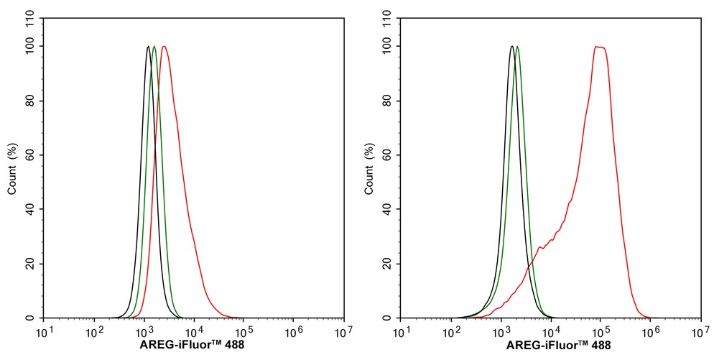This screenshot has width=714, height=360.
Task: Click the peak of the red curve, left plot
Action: coord(164,46)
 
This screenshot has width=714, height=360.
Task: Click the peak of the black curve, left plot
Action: coord(149,46)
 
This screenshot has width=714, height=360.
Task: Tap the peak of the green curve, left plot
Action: coord(154,46)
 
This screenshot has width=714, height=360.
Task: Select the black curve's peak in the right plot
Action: coord(512,46)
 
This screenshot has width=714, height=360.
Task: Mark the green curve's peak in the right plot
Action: coord(517,46)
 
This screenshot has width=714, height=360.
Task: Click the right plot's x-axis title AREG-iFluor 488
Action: coord(558,345)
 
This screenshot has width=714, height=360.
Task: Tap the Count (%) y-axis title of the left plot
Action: coord(12,169)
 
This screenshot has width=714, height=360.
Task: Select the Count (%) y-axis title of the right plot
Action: coord(369,169)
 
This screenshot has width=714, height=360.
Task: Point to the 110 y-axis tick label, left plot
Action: coord(32,19)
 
